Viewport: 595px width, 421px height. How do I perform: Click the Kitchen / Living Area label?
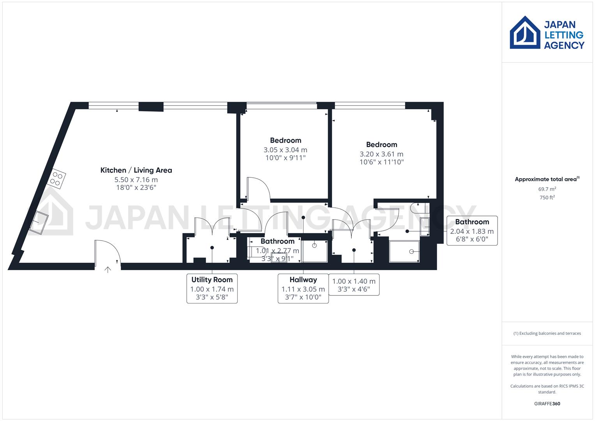coord(136,170)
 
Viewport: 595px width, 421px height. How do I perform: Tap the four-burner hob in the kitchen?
coord(56,179)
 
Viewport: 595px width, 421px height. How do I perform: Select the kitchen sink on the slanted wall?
coord(39,223)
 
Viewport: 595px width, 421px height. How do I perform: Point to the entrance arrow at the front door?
coord(108,269)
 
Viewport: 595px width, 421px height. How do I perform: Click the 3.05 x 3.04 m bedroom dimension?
coord(285,150)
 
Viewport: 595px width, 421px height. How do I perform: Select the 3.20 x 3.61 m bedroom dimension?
coord(381,154)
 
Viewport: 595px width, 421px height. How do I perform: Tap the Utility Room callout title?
coord(212,279)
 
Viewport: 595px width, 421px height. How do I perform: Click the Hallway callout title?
coord(303,279)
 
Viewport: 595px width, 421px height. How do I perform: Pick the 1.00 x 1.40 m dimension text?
coord(354,281)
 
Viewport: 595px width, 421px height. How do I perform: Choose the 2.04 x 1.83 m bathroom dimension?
coord(472,231)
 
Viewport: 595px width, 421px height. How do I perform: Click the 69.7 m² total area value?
coord(547,189)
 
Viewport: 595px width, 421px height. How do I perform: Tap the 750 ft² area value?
coord(547,197)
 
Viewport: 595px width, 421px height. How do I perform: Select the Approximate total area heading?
coord(547,179)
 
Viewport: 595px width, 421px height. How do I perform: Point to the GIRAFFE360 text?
coord(547,403)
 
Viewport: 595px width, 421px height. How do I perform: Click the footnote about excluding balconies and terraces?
coord(547,333)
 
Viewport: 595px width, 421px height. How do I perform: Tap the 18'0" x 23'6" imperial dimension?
coord(136,188)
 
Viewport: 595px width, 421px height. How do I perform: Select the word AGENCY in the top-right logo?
coord(564,45)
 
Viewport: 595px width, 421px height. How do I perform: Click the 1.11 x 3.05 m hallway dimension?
coord(303,289)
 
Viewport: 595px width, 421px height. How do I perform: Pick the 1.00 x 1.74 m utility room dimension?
coord(212,289)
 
